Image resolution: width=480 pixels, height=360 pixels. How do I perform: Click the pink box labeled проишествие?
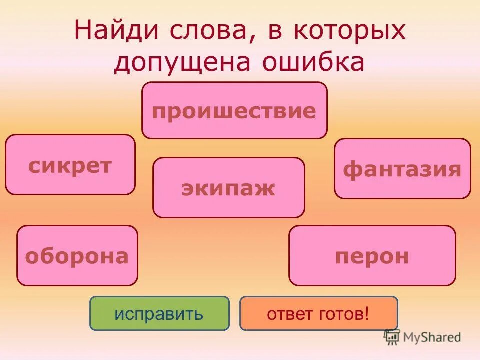[x=234, y=110]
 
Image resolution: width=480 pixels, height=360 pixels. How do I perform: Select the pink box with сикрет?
[x=70, y=165]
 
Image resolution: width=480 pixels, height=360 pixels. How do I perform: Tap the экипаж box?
[x=228, y=188]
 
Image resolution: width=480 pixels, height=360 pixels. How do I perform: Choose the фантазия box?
[x=402, y=169]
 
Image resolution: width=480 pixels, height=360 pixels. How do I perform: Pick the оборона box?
[x=77, y=256]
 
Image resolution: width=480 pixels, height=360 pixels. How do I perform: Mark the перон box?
[x=372, y=256]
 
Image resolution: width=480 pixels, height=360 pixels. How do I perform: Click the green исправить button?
[x=159, y=313]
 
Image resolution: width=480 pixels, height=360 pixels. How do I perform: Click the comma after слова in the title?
[x=236, y=39]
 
